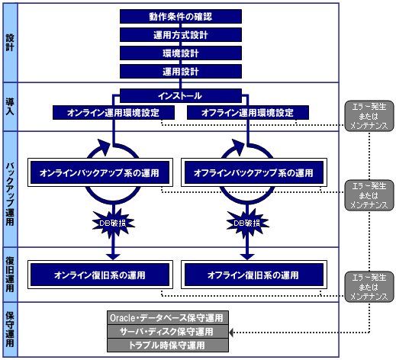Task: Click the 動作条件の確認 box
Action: pos(181,17)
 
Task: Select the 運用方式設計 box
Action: pos(181,35)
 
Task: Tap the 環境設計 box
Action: pos(181,53)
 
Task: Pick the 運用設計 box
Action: pos(181,72)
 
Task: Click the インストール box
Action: pos(181,96)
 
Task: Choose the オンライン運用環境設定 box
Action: pos(114,113)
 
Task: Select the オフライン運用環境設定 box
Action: pos(248,113)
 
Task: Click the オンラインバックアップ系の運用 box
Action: pos(100,172)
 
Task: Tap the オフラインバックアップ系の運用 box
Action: pos(254,172)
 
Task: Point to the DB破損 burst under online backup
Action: pos(113,223)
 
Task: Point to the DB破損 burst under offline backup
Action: pos(247,223)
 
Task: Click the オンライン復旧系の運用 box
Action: pos(100,275)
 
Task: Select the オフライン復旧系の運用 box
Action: pos(254,275)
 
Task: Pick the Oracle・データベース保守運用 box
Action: pos(168,318)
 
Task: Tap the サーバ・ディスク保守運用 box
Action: pos(168,332)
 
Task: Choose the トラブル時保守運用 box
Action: pos(168,346)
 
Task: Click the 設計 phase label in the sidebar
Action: pos(10,43)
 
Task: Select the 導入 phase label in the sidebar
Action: pos(10,107)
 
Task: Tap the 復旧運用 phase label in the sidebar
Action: pos(10,275)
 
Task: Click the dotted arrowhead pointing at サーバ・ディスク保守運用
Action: pos(231,333)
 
